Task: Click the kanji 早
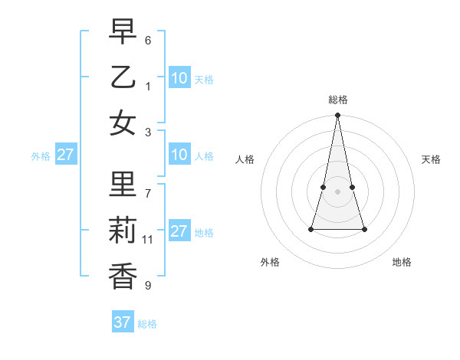coord(123,33)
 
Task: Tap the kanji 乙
coord(123,77)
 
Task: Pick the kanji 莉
coord(123,231)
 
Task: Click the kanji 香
coord(123,275)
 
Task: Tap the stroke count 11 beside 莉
coord(148,240)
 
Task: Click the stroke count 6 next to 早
coord(148,40)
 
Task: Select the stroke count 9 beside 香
coord(148,286)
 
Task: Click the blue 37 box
coord(122,322)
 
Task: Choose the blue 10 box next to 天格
coord(179,78)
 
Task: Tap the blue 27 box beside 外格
coord(65,155)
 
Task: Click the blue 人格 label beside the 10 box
coord(204,156)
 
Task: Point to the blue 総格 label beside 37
coord(147,324)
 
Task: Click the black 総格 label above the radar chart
coord(337,100)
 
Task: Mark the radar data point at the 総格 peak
coord(337,116)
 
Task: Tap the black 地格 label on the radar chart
coord(402,262)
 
